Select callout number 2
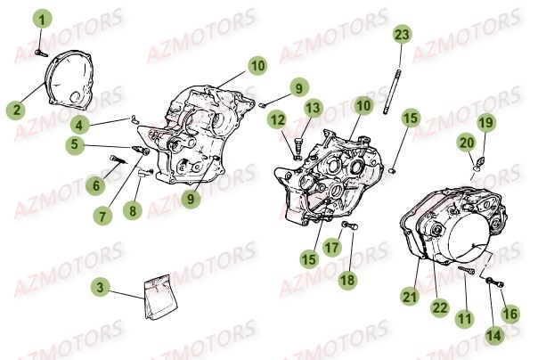(15, 110)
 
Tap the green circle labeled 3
(102, 287)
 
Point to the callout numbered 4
(81, 124)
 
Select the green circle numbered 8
(133, 211)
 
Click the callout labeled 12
(277, 119)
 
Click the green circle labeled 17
(331, 249)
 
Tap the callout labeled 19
(485, 122)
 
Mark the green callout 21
(409, 297)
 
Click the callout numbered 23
(402, 35)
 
